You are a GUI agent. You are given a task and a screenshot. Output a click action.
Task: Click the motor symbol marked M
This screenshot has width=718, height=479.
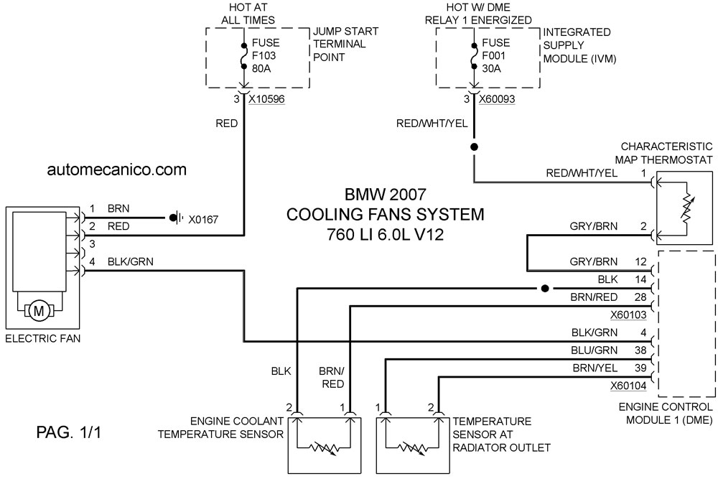[39, 312]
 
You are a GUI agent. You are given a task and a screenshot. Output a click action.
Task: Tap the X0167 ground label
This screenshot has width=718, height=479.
[203, 219]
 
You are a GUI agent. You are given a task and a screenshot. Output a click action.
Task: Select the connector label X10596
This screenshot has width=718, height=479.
[266, 99]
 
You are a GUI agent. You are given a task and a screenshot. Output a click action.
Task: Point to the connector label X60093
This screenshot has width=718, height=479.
[497, 99]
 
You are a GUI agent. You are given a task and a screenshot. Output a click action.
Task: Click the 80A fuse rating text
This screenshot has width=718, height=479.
[261, 69]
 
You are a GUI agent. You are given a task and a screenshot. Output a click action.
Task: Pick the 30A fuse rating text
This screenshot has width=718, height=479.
[491, 69]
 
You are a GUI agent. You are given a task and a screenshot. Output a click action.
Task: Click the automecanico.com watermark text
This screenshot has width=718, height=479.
[117, 169]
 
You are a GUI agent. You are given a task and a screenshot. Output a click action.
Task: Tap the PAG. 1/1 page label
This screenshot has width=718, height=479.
[69, 432]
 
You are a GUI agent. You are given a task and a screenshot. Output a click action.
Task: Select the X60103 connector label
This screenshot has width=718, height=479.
[628, 315]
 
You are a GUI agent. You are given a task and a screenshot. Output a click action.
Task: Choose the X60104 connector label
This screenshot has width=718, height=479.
[628, 386]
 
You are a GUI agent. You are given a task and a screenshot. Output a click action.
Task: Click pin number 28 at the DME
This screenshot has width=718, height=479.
[640, 297]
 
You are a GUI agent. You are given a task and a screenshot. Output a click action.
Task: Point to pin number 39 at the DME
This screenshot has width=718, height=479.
[640, 368]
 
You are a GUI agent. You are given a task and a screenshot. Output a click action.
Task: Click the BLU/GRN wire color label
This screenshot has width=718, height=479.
[595, 350]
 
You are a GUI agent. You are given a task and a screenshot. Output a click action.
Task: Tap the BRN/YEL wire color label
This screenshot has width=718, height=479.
[595, 368]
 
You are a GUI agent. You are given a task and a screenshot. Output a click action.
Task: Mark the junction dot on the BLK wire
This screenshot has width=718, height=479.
[544, 289]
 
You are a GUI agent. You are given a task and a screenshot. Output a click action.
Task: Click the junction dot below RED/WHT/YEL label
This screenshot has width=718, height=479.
[475, 147]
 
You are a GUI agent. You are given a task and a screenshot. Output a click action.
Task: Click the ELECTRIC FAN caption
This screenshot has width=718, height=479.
[42, 339]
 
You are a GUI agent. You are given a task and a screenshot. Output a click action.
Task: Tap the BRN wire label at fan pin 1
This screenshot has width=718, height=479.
[118, 209]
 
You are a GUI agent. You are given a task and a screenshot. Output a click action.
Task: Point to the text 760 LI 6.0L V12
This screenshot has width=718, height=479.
[385, 234]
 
